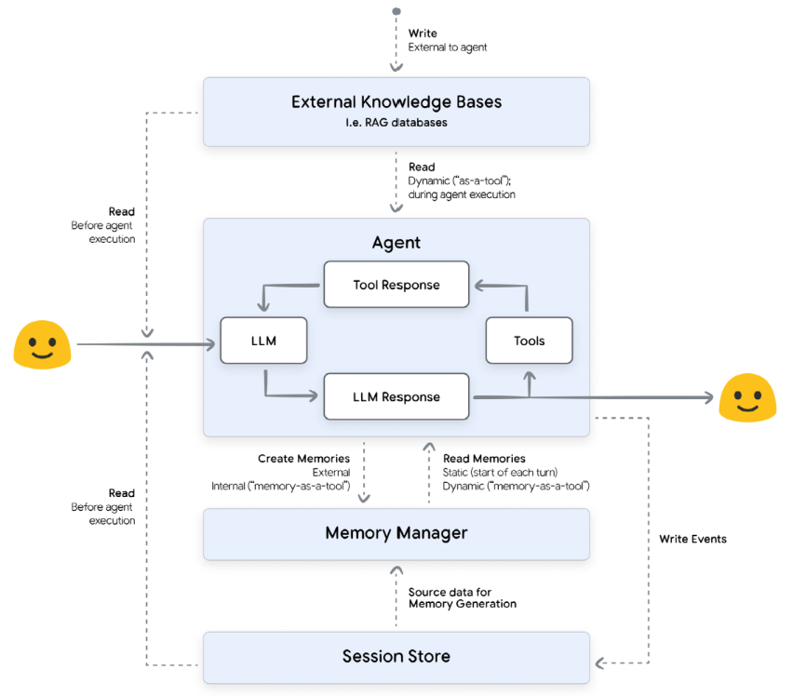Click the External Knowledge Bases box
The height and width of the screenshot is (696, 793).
click(x=396, y=112)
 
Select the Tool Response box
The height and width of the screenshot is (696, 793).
click(x=396, y=285)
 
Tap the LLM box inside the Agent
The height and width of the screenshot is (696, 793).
click(x=263, y=341)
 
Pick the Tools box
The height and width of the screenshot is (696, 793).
click(x=529, y=341)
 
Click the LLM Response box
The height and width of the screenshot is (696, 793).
click(x=396, y=396)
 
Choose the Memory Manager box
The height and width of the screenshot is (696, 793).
click(x=396, y=534)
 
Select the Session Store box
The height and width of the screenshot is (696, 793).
click(x=396, y=657)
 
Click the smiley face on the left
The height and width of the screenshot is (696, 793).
click(x=42, y=345)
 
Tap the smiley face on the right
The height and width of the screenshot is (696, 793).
click(x=747, y=398)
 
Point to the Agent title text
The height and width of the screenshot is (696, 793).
click(x=396, y=243)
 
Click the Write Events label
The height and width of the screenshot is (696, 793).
click(x=692, y=539)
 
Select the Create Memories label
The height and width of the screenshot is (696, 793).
click(x=303, y=459)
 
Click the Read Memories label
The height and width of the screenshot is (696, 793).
click(x=484, y=459)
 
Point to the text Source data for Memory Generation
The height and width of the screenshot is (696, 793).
click(x=462, y=597)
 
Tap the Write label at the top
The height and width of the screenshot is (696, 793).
click(x=422, y=33)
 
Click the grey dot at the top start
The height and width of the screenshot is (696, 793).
click(x=396, y=12)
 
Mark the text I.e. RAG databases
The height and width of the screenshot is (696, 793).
click(x=396, y=123)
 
